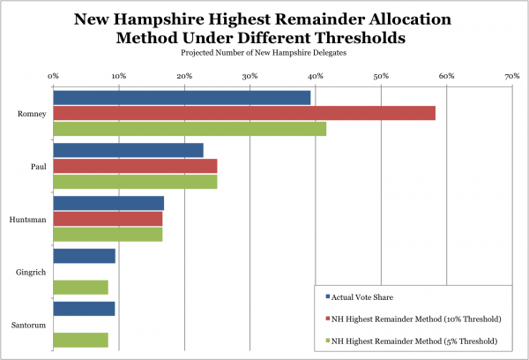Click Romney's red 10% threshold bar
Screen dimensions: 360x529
[x=244, y=113]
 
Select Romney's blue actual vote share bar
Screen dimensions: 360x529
[x=182, y=97]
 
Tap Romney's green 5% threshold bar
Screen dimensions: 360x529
[x=190, y=129]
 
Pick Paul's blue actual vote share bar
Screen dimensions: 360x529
[x=128, y=150]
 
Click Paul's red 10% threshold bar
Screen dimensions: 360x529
[x=135, y=166]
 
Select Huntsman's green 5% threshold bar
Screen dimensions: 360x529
[x=108, y=235]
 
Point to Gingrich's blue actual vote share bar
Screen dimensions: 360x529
[x=84, y=256]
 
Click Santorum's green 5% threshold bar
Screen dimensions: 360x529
[x=80, y=340]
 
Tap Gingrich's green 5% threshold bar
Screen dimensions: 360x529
[x=80, y=287]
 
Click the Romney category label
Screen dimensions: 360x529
[x=32, y=113]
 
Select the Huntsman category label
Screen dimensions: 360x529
[x=29, y=219]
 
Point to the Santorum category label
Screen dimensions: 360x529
[x=30, y=324]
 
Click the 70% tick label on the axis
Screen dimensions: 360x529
[x=511, y=77]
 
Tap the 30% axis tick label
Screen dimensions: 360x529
[x=250, y=77]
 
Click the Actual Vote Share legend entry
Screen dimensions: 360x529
[x=363, y=296]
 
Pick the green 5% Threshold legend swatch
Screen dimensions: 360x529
[x=327, y=341]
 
